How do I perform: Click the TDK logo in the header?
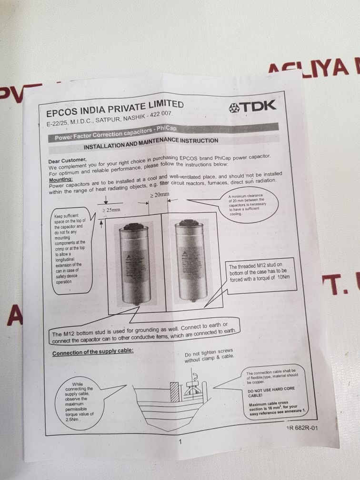point(252,107)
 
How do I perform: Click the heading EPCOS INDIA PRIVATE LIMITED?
point(114,108)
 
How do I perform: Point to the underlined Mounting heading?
point(60,179)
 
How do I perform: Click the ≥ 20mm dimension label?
point(160,195)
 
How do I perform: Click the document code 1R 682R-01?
point(301,427)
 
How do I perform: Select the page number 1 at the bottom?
point(180,442)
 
